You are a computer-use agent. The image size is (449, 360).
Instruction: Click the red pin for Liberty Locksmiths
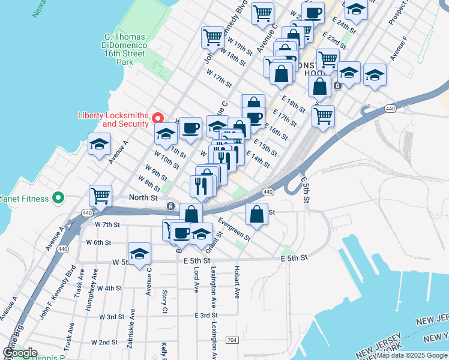158,117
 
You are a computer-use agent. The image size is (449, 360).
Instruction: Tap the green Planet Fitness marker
58,197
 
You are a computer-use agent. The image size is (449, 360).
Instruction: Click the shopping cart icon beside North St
100,195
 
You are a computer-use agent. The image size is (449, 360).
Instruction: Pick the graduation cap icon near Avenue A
100,144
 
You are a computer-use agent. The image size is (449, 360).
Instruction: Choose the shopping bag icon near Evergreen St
256,214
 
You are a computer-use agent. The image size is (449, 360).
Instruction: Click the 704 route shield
232,340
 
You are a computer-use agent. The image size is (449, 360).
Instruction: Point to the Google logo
20,352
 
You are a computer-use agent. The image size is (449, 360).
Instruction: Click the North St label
144,197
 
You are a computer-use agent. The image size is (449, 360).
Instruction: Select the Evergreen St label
234,228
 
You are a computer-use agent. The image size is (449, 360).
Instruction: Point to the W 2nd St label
104,341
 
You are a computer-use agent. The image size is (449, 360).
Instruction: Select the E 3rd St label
205,315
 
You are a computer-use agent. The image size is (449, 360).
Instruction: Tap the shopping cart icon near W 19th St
212,37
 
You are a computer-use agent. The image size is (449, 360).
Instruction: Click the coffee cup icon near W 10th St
190,127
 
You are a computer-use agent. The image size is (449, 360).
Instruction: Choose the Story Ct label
164,302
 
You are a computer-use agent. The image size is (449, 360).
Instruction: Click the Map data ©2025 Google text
412,355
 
